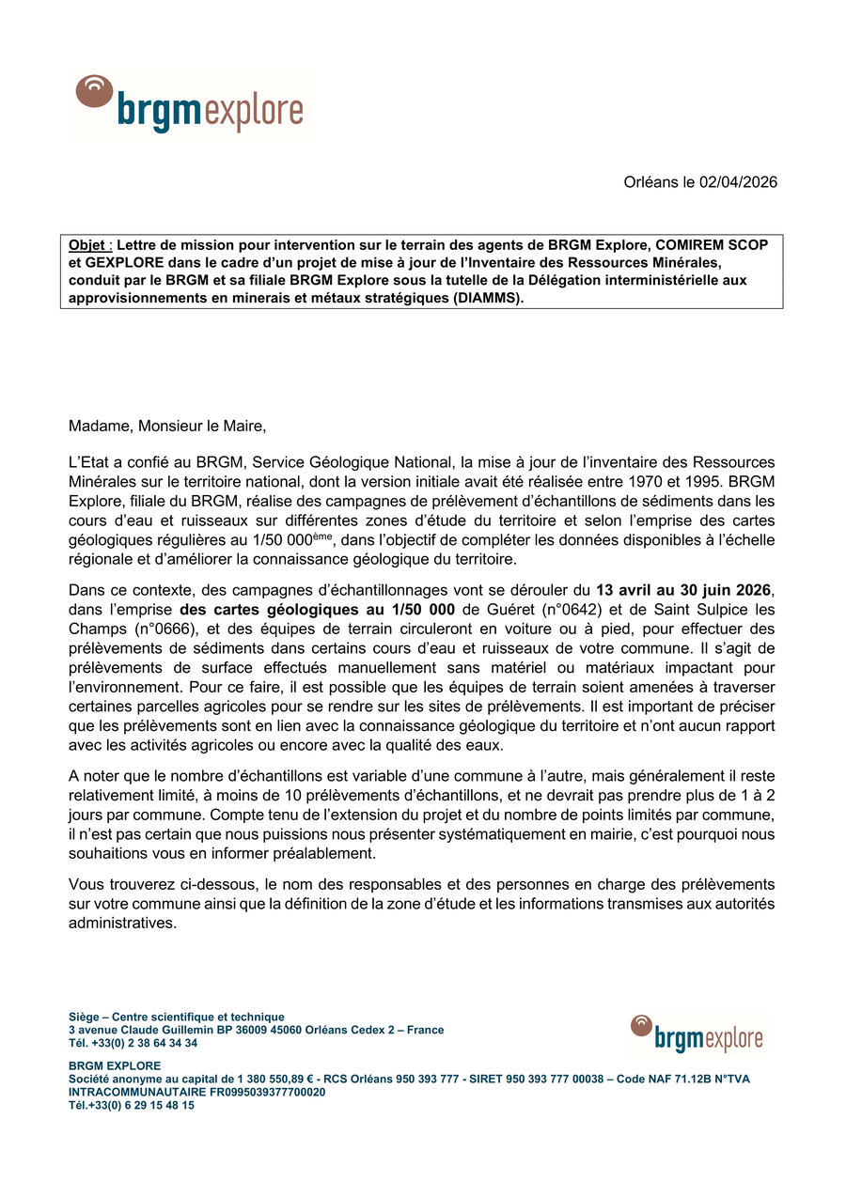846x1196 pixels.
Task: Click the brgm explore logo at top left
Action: (x=190, y=104)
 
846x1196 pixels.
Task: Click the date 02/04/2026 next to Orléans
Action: (x=738, y=182)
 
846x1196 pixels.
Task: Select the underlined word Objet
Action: (x=86, y=245)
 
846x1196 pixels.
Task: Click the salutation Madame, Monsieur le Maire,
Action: (x=167, y=427)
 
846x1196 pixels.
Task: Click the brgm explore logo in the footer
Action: (x=697, y=1034)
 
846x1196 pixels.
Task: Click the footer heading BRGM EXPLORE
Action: (x=115, y=1066)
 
